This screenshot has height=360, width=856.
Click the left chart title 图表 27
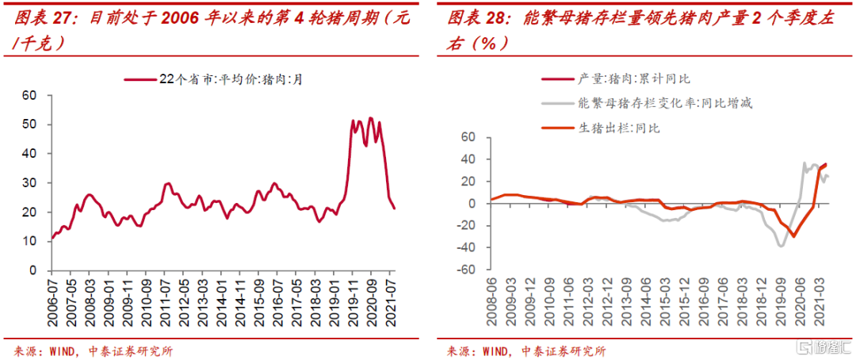point(36,18)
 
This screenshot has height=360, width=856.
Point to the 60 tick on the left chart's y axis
point(29,96)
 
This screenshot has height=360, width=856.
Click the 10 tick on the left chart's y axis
point(29,242)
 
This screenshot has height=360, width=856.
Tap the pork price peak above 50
point(370,118)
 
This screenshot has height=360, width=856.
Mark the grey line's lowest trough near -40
point(781,246)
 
